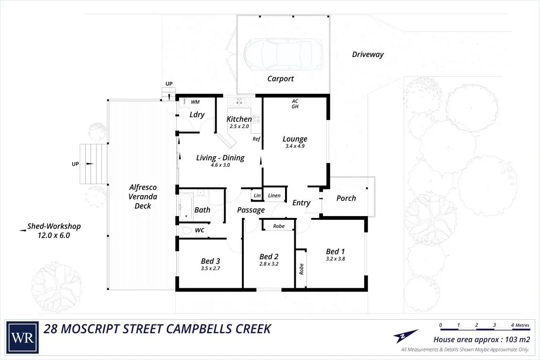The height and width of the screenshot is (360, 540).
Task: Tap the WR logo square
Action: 22,337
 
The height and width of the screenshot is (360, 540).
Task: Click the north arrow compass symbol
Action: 405,336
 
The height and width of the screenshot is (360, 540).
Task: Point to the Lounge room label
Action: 295,139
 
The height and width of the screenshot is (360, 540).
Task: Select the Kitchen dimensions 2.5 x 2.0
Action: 240,127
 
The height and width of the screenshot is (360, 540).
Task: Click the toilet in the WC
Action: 186,230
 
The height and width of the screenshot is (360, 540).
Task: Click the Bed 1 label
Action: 336,251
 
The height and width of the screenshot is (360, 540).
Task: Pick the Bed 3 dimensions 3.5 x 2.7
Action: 210,269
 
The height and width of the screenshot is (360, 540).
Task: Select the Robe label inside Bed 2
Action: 278,226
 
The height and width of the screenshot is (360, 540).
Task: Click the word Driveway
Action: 368,54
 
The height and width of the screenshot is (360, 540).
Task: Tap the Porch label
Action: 346,198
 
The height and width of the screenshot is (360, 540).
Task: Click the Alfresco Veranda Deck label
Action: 143,197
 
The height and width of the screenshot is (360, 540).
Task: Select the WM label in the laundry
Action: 195,102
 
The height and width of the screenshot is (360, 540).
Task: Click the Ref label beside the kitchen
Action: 256,139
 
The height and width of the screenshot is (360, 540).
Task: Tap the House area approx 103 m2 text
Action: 482,340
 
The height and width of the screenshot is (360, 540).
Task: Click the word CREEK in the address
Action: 254,329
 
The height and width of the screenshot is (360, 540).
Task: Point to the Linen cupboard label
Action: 274,195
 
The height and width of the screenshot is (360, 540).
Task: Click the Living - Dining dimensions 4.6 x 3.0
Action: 220,165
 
